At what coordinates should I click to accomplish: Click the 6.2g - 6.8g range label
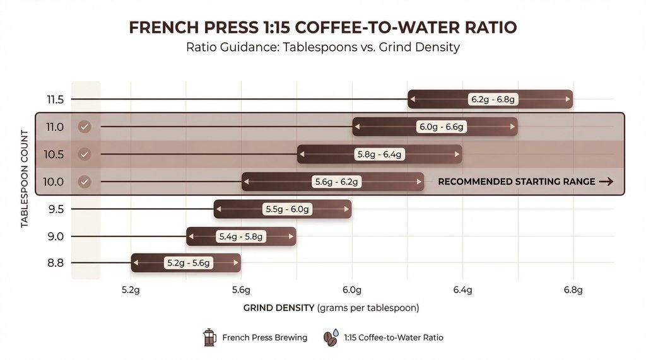[x=490, y=100]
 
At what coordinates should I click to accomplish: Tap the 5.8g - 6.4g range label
[x=380, y=154]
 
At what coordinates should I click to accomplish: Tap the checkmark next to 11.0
[x=85, y=127]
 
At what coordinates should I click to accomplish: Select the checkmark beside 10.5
[x=85, y=154]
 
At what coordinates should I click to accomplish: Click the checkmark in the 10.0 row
[x=85, y=182]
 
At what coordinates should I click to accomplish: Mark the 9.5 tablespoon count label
[x=56, y=209]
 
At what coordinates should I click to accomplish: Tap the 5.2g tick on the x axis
[x=131, y=290]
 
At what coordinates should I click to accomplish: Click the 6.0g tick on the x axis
[x=351, y=290]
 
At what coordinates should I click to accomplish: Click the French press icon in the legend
[x=209, y=337]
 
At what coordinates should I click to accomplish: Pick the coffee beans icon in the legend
[x=331, y=337]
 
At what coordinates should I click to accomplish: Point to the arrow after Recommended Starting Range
[x=606, y=182]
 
